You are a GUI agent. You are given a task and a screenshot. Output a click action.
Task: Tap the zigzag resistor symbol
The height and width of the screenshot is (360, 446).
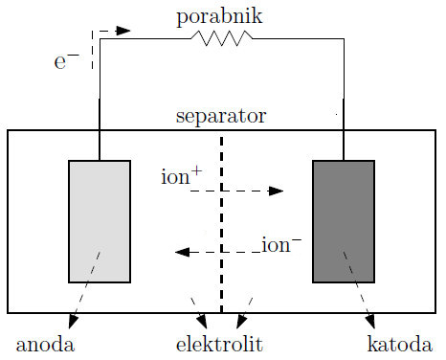pyautogui.click(x=222, y=37)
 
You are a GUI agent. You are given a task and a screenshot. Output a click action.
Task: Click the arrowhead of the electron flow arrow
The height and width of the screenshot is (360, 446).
pyautogui.click(x=123, y=30)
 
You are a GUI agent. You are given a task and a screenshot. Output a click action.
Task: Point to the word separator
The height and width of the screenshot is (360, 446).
pyautogui.click(x=221, y=117)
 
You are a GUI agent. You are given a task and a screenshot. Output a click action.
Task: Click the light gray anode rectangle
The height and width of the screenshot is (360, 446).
pyautogui.click(x=100, y=221)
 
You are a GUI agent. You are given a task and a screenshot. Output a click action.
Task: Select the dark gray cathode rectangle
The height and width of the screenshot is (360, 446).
pyautogui.click(x=344, y=221)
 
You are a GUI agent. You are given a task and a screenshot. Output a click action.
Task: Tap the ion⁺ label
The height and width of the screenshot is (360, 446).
pyautogui.click(x=182, y=176)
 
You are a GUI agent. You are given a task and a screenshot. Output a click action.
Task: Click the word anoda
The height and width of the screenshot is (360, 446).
pyautogui.click(x=45, y=343)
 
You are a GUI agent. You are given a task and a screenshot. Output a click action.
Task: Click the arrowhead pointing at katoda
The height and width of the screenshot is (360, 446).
pyautogui.click(x=370, y=322)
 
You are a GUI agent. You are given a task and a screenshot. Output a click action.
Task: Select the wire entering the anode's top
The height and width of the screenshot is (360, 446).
pyautogui.click(x=100, y=144)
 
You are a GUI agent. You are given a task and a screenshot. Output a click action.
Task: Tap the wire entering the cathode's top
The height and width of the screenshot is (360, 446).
pyautogui.click(x=344, y=144)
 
